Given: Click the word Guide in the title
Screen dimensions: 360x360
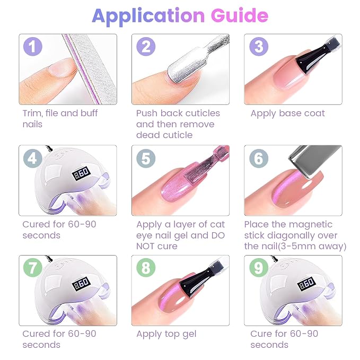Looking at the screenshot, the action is tap(240, 15).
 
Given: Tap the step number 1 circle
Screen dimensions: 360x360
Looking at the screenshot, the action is tap(33, 47).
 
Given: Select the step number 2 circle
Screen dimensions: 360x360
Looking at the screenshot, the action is tap(146, 47).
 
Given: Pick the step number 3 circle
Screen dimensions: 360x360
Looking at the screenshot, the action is tap(259, 47).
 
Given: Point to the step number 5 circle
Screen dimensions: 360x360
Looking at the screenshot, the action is tap(146, 158).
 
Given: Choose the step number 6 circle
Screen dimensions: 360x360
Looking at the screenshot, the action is tap(259, 158).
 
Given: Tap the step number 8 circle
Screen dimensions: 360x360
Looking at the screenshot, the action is tap(146, 267).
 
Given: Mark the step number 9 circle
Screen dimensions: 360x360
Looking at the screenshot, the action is tap(259, 267).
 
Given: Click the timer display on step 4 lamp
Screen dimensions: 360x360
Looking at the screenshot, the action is tap(81, 173).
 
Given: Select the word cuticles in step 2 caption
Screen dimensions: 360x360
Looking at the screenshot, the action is tap(203, 113).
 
